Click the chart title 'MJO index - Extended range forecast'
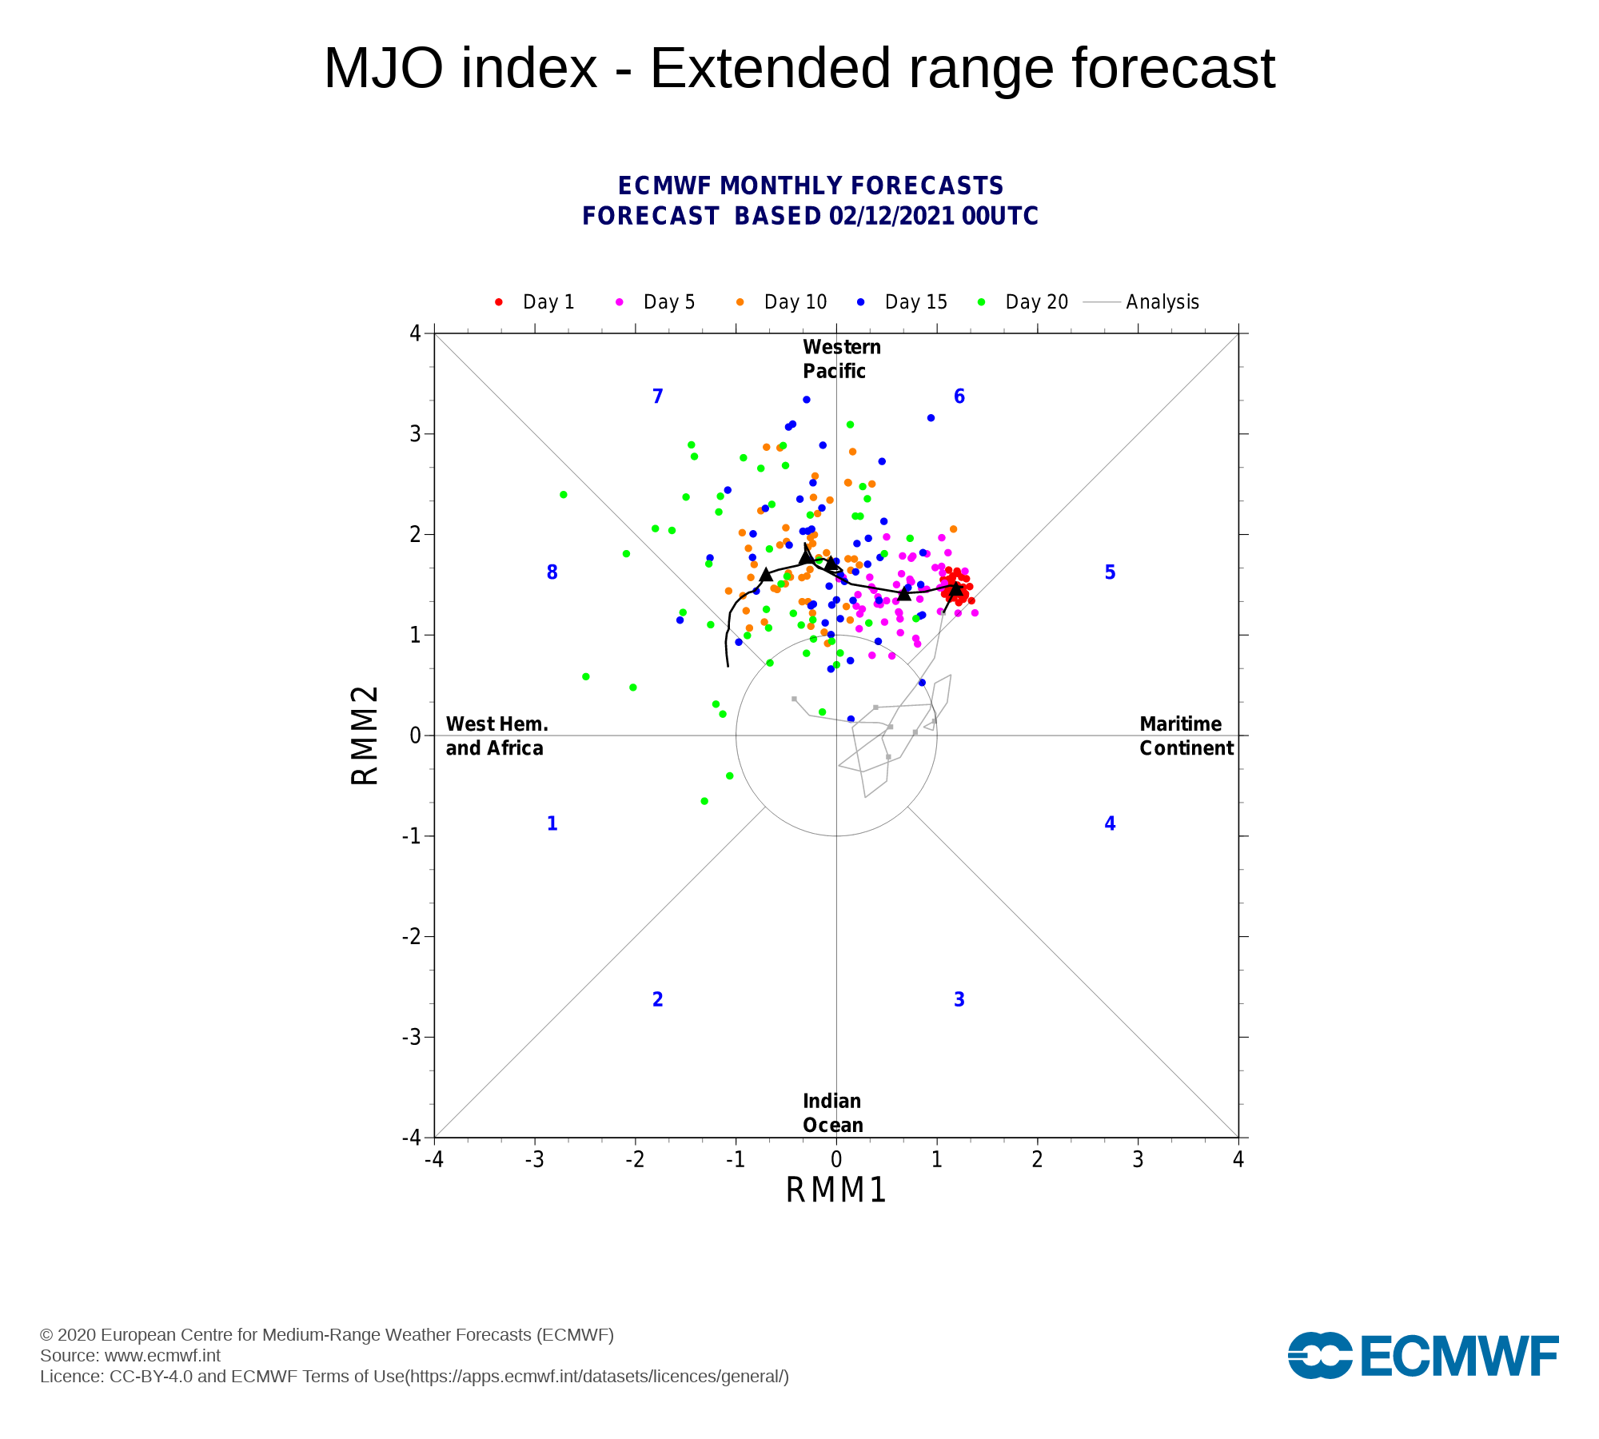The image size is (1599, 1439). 799,69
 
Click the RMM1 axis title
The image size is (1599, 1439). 836,1190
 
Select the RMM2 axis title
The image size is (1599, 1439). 365,735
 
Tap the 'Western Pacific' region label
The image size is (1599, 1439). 841,359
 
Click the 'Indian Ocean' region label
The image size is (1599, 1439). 832,1113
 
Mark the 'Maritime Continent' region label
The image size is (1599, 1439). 1186,736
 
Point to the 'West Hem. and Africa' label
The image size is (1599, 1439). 496,736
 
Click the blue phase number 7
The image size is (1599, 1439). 658,397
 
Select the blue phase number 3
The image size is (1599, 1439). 959,999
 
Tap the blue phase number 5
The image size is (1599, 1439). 1110,572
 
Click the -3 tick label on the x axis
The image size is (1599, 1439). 534,1159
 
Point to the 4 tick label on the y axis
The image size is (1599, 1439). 415,333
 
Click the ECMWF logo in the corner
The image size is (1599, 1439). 1423,1356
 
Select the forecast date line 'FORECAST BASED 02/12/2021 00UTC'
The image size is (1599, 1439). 810,217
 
